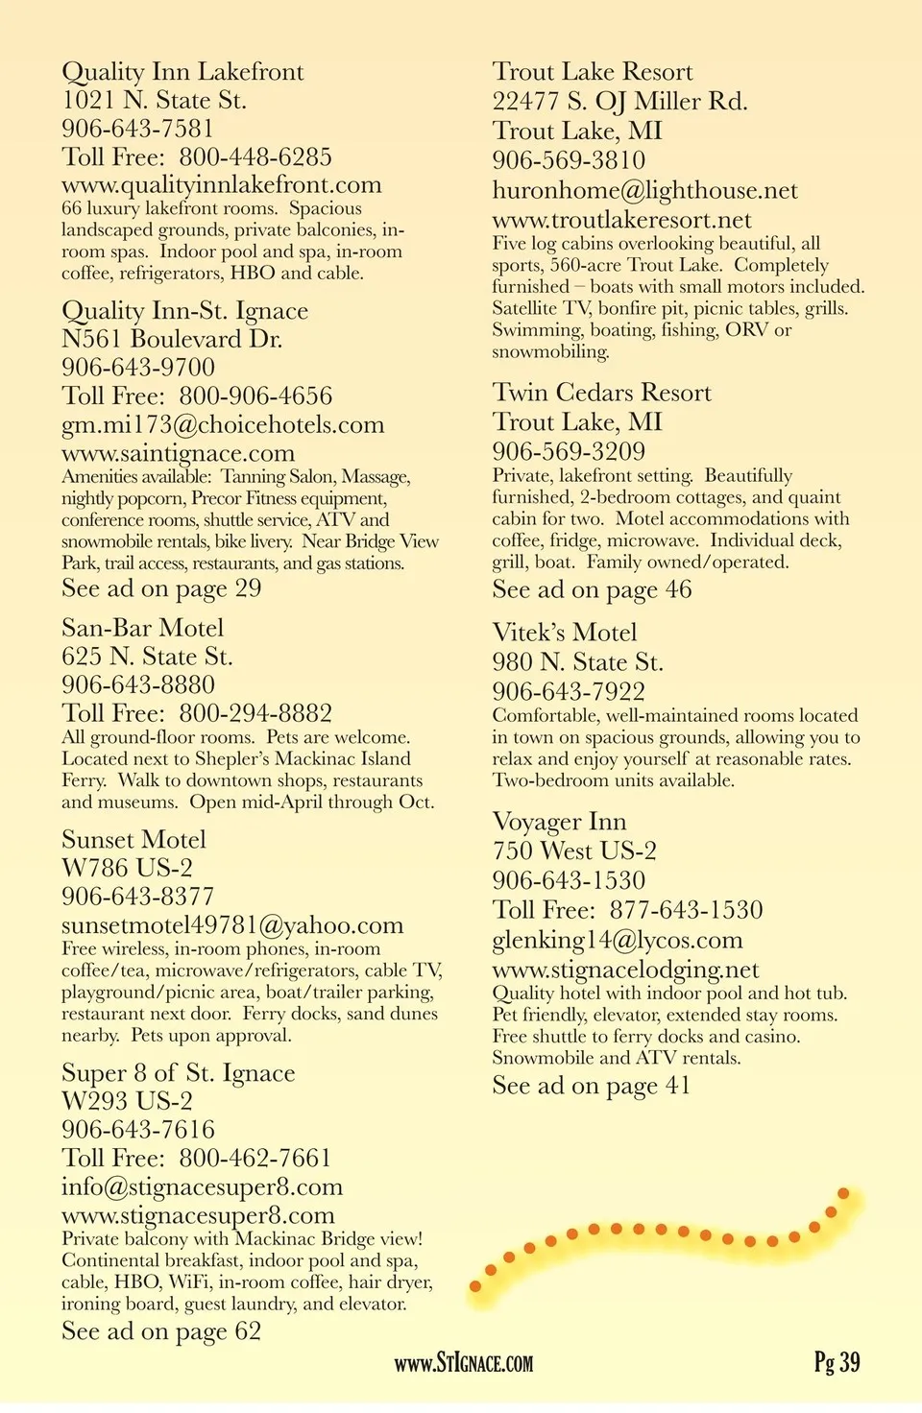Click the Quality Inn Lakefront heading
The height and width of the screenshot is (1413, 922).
(x=182, y=72)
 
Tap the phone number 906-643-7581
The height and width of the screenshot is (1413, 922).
(x=137, y=129)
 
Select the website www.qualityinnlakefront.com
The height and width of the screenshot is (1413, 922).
(x=221, y=185)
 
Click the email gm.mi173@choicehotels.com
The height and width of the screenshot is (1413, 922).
(x=223, y=425)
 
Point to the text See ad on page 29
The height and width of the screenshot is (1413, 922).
(x=161, y=588)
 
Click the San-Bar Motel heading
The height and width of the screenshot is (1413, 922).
(x=142, y=628)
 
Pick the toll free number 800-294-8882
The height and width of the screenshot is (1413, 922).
(x=255, y=713)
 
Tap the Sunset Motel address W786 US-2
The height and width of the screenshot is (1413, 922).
(x=127, y=868)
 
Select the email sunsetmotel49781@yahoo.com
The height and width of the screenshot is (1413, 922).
(x=232, y=925)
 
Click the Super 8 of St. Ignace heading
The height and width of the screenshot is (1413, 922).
(x=178, y=1073)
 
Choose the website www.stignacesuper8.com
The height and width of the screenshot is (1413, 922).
(x=198, y=1215)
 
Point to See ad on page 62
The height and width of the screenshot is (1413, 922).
(x=161, y=1331)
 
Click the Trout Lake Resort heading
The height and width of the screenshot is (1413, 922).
(x=592, y=72)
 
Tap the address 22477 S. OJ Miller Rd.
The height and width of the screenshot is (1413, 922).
(x=619, y=102)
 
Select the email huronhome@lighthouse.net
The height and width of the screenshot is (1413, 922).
(x=644, y=191)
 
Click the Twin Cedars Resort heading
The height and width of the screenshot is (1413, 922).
(x=601, y=393)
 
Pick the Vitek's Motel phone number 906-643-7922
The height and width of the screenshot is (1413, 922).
(x=569, y=691)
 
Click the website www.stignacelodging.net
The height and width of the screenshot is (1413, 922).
(x=625, y=970)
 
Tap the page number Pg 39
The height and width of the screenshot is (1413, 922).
(x=837, y=1362)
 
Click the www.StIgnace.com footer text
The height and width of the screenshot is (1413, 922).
(x=464, y=1363)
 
